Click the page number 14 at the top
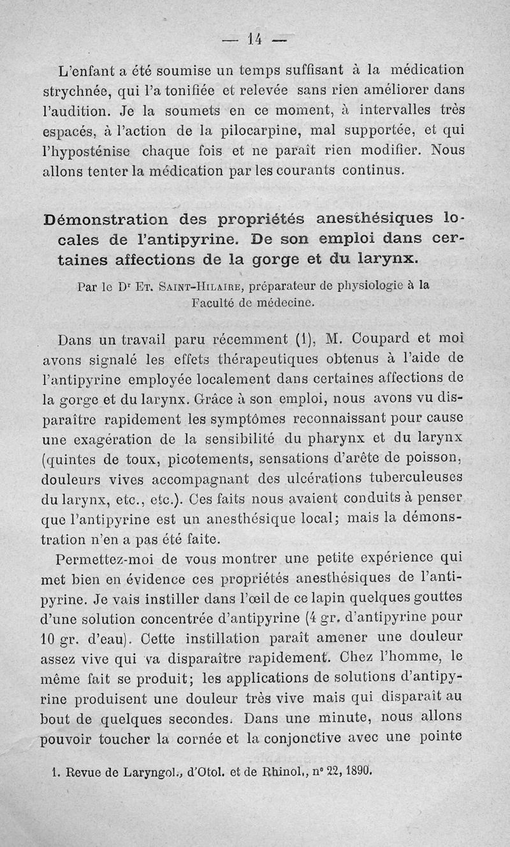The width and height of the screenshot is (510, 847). tap(254, 40)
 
